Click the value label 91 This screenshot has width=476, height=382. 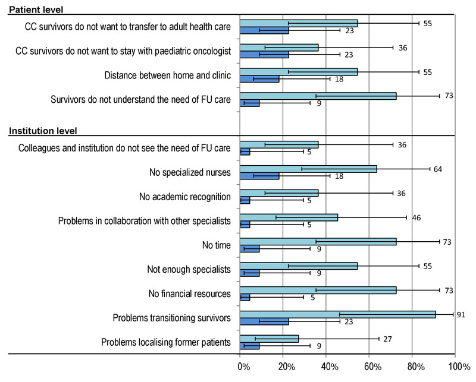[461, 314]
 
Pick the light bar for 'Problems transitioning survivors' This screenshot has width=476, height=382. [337, 314]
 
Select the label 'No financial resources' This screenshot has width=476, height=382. [189, 293]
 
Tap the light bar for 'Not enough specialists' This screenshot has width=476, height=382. [299, 266]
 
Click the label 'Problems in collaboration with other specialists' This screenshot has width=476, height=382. [145, 221]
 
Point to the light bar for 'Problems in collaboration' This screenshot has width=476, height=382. [289, 217]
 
